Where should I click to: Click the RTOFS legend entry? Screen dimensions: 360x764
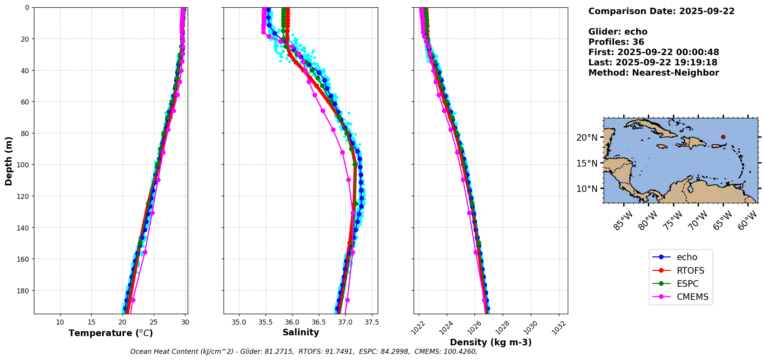[x=690, y=271]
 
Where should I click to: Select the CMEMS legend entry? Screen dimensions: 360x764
[x=692, y=297]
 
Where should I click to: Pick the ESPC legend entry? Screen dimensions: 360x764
[x=687, y=284]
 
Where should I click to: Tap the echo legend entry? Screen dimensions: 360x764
[x=687, y=257]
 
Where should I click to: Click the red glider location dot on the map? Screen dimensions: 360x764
[x=723, y=137]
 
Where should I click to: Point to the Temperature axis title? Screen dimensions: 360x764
[x=111, y=333]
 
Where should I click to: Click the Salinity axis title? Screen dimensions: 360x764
[x=301, y=332]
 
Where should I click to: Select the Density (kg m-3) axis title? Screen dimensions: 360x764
[x=491, y=342]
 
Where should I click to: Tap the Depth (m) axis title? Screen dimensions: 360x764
[x=8, y=161]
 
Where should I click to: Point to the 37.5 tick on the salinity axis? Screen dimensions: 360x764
[x=372, y=322]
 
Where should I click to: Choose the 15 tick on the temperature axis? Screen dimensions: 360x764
[x=91, y=322]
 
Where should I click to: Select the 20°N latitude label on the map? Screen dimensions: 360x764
[x=587, y=138]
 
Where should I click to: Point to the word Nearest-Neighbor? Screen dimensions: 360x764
[x=675, y=73]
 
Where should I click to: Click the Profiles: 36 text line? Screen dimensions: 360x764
[x=616, y=42]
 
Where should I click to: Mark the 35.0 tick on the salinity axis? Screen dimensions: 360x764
[x=239, y=322]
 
